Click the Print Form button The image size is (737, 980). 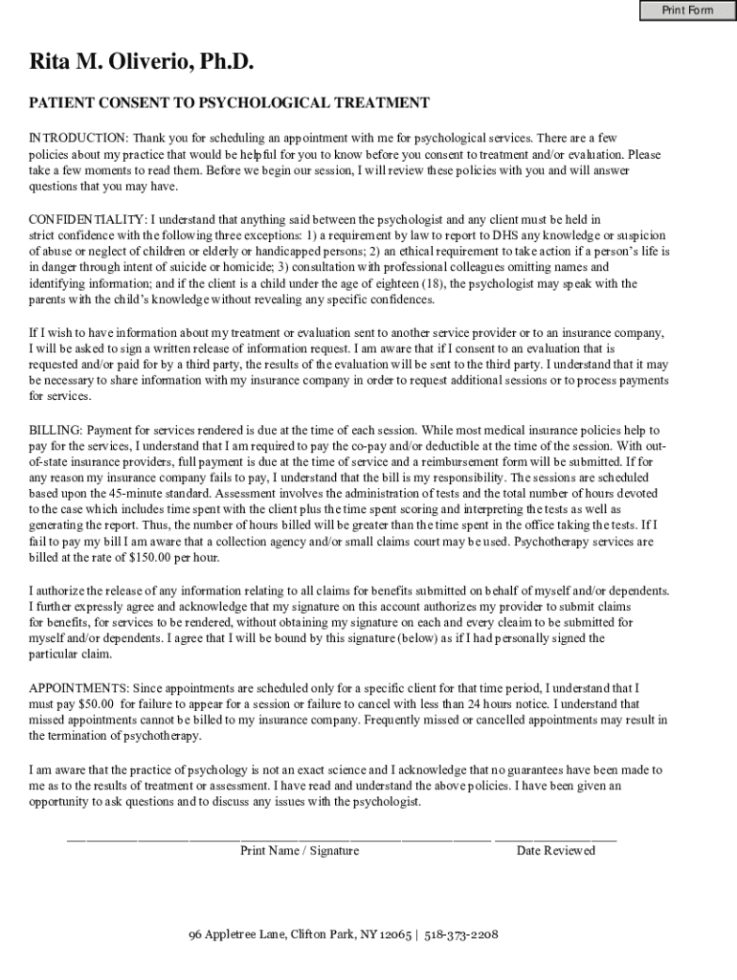(688, 11)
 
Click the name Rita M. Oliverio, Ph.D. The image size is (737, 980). (143, 63)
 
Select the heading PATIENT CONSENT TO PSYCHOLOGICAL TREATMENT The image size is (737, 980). (229, 102)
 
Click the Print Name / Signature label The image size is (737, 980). (300, 850)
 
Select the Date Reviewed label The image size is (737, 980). (556, 850)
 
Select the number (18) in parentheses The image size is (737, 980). (432, 284)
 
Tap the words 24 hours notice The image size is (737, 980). (501, 703)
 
